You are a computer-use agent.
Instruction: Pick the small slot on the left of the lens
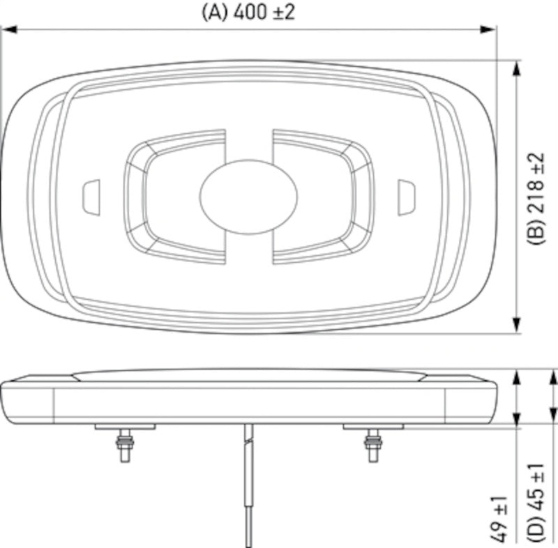pyautogui.click(x=91, y=197)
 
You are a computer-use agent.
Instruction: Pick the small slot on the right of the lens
pyautogui.click(x=406, y=197)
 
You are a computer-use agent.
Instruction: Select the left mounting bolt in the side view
pyautogui.click(x=126, y=444)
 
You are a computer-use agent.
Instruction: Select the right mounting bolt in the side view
pyautogui.click(x=372, y=444)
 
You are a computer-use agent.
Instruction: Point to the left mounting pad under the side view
pyautogui.click(x=126, y=426)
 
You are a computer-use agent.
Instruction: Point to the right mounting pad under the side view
pyautogui.click(x=372, y=426)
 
